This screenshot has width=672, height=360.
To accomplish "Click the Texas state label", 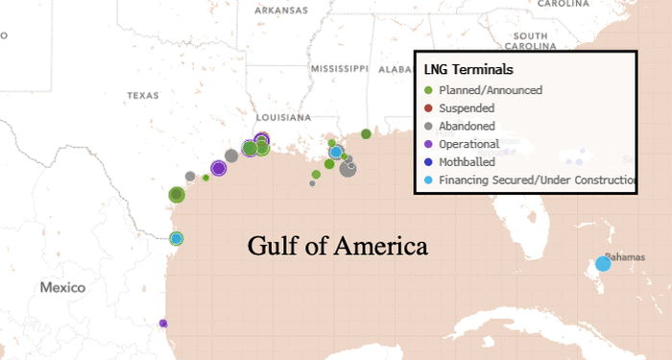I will [x=142, y=96].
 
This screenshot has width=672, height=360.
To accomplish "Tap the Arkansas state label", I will [x=280, y=11].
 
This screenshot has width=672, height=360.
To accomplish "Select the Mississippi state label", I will [x=339, y=69].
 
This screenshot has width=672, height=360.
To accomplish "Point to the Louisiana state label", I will [x=286, y=117].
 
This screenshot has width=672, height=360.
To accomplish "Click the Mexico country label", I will [x=62, y=288].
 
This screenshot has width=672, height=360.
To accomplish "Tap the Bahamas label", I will [x=625, y=256].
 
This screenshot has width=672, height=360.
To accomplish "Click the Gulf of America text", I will [x=337, y=246].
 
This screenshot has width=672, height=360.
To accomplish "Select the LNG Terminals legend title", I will [x=468, y=70].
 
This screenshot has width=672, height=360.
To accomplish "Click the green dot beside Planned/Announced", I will [x=427, y=90].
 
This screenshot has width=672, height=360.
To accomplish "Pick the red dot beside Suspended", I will [x=427, y=108].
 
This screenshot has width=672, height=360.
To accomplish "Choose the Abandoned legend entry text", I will [x=467, y=126].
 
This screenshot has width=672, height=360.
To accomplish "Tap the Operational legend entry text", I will [x=469, y=144].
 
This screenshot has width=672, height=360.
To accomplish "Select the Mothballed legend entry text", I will [x=468, y=161].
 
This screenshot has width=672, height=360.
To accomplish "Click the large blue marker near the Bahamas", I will [x=603, y=264].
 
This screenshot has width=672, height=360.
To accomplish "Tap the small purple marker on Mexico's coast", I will [x=163, y=324].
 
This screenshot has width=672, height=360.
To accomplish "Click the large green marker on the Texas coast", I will [x=177, y=195].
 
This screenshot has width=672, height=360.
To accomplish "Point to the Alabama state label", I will [x=395, y=69].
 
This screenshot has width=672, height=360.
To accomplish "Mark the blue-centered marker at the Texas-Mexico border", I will [x=176, y=238].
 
